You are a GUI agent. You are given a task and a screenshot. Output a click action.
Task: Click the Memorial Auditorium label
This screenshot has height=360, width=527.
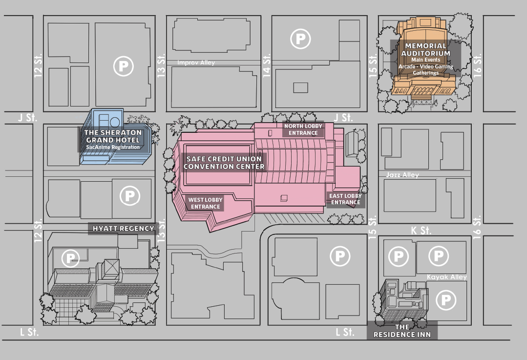425,49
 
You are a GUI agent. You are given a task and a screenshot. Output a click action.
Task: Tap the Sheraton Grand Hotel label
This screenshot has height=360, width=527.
113,136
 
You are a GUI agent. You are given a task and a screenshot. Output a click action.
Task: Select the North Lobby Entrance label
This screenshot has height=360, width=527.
303,129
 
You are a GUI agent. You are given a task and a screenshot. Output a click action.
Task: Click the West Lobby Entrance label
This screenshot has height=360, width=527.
205,203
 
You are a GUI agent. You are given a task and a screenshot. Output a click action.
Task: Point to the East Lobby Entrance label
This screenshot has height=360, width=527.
345,199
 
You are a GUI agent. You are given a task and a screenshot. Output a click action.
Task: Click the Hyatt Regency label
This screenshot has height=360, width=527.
123,229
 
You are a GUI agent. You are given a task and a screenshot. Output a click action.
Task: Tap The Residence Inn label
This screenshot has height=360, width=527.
402,331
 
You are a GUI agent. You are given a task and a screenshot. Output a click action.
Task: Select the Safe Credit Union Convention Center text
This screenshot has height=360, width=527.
224,163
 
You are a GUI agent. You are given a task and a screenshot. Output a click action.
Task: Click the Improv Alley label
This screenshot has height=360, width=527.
196,63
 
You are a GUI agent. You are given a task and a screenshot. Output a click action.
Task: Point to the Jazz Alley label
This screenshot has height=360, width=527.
402,175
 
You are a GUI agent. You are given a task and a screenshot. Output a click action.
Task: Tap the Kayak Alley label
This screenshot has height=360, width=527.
446,277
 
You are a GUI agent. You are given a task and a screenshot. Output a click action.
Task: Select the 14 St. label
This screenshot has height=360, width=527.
267,65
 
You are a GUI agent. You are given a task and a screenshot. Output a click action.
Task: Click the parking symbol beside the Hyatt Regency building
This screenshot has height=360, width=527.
70,258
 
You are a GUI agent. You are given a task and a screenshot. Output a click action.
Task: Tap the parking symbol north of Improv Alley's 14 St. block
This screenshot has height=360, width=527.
300,39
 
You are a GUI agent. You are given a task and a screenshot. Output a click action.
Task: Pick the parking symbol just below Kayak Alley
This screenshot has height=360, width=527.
445,300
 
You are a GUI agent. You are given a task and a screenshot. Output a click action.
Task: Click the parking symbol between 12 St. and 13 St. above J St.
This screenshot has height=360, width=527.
124,66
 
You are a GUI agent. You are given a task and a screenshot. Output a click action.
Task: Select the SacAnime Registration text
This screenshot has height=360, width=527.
113,147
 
